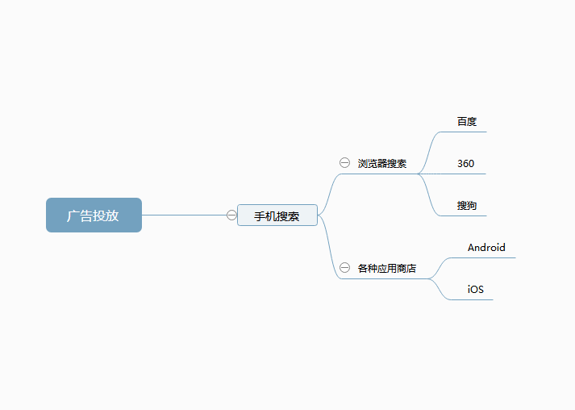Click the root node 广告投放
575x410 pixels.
pos(94,215)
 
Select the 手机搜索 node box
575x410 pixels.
pos(277,215)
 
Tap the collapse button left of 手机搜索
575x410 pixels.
pos(231,215)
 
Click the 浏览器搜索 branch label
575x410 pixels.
pos(382,163)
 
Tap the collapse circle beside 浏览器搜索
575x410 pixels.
pos(344,162)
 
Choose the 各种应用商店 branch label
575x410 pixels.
pos(387,268)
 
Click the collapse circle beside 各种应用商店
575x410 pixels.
pos(344,268)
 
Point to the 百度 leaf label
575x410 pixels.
pos(467,122)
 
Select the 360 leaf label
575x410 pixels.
pos(465,163)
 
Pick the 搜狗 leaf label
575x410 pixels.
pos(467,206)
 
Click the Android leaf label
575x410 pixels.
pos(486,248)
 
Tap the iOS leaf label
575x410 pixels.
pos(476,289)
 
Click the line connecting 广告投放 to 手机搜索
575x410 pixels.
pos(184,215)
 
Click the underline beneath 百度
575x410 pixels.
pos(463,132)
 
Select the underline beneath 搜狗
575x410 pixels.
pos(463,215)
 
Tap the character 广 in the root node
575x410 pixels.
pos(73,215)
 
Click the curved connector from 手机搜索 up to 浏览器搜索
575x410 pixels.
pos(329,194)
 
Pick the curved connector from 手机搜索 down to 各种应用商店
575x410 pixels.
pos(329,247)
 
